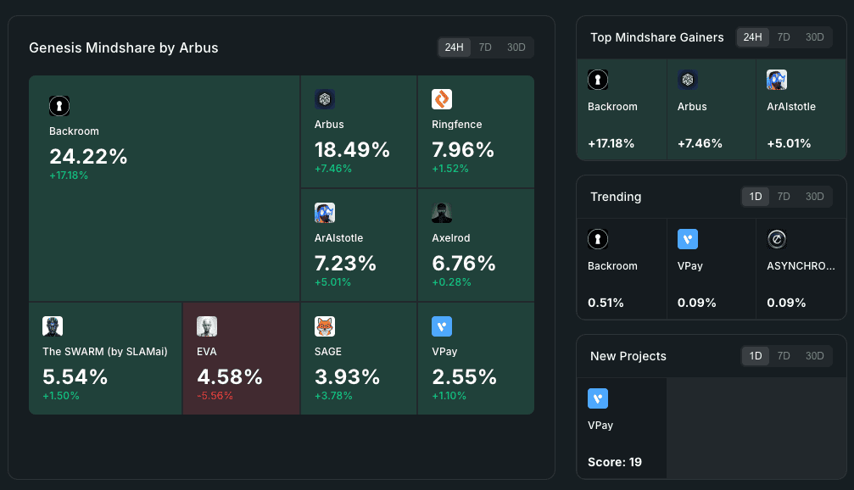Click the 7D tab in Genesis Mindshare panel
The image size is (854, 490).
[x=485, y=47]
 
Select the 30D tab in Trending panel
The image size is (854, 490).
[x=814, y=197]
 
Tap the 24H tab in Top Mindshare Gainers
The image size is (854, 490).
[x=752, y=37]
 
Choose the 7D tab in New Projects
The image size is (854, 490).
[x=784, y=356]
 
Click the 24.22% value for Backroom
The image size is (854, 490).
[x=88, y=156]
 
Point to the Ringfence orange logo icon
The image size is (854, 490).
[x=442, y=99]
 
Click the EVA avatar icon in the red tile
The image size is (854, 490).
[x=207, y=326]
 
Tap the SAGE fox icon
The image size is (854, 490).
[x=325, y=326]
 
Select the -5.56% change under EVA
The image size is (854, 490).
[x=215, y=396]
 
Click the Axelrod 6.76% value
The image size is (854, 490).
[x=463, y=263]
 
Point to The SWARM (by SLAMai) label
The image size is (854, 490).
[x=105, y=351]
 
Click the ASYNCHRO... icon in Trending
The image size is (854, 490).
[x=777, y=240]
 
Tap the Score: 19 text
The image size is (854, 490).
[x=615, y=462]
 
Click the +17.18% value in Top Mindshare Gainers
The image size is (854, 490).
[x=611, y=143]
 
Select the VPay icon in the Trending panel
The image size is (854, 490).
[x=688, y=240]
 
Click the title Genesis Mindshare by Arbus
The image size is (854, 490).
[x=124, y=47]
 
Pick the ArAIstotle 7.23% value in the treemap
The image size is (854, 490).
[x=345, y=263]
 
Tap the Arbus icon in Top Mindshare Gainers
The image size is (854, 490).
[x=688, y=81]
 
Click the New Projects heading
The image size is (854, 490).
[x=628, y=356]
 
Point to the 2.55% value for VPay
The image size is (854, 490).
[x=463, y=376]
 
